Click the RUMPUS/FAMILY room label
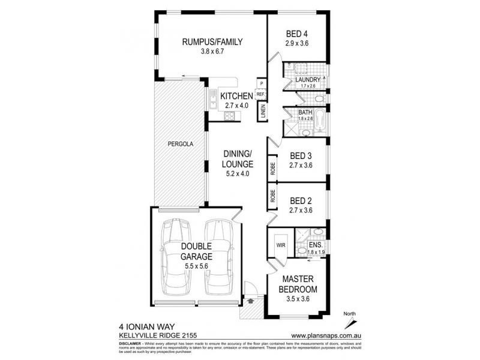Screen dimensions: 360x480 click(212, 42)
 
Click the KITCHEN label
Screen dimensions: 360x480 click(236, 97)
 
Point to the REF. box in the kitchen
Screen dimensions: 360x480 click(261, 94)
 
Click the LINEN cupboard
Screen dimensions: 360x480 click(262, 112)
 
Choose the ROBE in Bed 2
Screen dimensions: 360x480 click(272, 196)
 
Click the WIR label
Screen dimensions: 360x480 click(280, 245)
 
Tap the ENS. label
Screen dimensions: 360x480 click(316, 245)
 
